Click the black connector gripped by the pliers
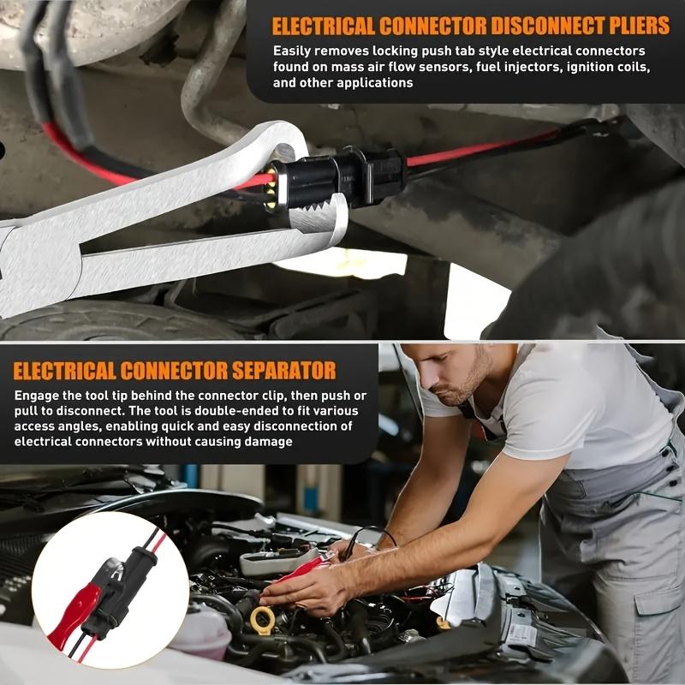click(x=342, y=178)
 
